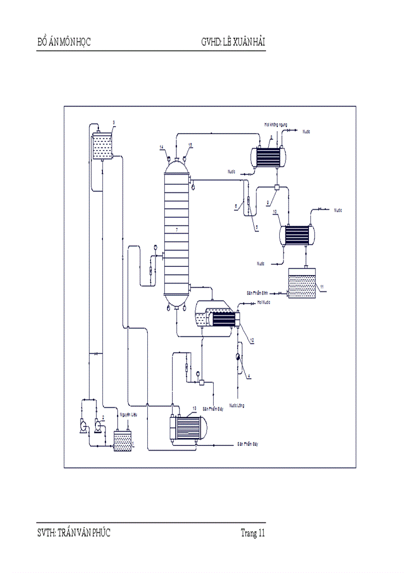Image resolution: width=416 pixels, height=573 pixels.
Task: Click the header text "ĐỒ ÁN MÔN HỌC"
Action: tap(64, 42)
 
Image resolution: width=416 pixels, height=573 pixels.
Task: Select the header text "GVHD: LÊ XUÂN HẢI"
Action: tap(233, 42)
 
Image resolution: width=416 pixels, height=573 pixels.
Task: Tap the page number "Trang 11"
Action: tap(253, 533)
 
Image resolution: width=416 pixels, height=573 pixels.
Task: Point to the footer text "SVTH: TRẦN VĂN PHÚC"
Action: tap(73, 533)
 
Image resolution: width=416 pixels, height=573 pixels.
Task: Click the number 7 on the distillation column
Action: tap(176, 231)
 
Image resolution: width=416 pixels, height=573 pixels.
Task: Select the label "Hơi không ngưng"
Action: tap(276, 124)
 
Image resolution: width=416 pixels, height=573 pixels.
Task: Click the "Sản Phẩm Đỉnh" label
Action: tap(257, 293)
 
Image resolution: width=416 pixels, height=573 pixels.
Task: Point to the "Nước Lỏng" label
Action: tap(237, 405)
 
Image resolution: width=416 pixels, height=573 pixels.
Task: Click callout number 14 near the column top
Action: tap(161, 147)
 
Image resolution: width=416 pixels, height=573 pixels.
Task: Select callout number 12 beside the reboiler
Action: tap(252, 340)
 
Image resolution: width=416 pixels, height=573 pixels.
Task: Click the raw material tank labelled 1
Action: tap(123, 441)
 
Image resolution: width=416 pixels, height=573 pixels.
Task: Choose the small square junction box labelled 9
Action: tap(276, 188)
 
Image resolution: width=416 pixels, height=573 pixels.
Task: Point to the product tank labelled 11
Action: tap(304, 284)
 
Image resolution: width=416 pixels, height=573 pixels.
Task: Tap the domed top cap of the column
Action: tap(176, 164)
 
